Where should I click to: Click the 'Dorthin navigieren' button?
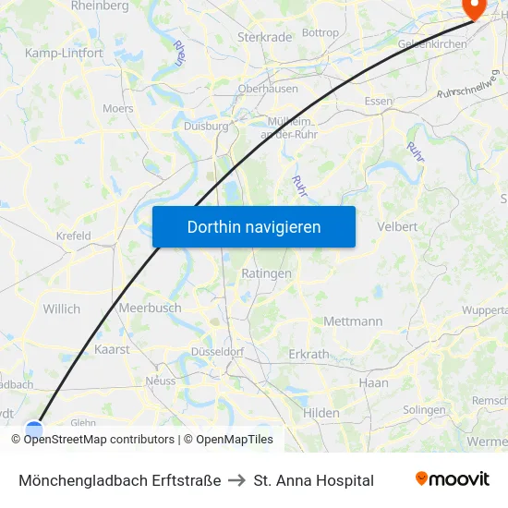click(x=254, y=226)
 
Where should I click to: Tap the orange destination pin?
click(x=474, y=8)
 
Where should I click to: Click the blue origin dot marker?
click(x=34, y=429)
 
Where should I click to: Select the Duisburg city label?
click(x=206, y=126)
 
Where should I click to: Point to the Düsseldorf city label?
click(x=216, y=352)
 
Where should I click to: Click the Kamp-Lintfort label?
click(x=64, y=54)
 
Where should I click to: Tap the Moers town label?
click(x=117, y=108)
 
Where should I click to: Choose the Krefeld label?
click(x=73, y=236)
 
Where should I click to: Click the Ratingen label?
click(x=266, y=273)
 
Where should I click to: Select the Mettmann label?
click(x=353, y=321)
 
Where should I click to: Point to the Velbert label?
click(x=397, y=226)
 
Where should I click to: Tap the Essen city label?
click(x=379, y=101)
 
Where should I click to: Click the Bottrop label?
click(x=321, y=33)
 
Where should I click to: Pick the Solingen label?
click(x=424, y=410)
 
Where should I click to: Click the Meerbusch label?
click(x=150, y=308)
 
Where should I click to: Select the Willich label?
click(x=62, y=308)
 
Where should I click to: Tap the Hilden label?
click(x=321, y=413)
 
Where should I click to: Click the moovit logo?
click(x=453, y=479)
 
